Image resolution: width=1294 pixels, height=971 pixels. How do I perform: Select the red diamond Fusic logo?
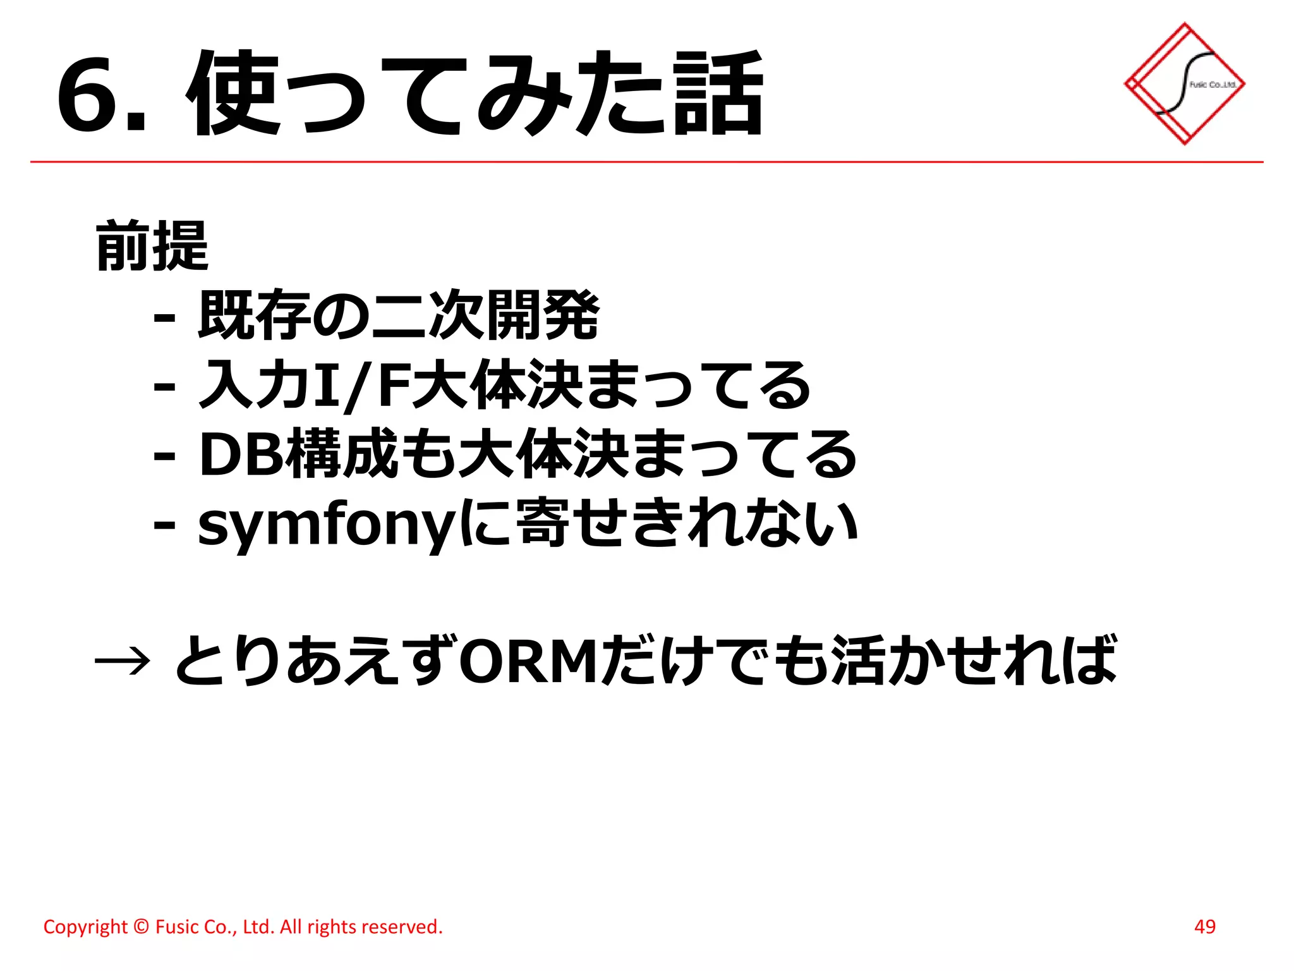click(1185, 84)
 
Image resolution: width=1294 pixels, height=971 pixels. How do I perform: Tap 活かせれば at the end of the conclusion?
click(973, 661)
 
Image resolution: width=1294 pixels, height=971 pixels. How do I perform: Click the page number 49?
click(1205, 927)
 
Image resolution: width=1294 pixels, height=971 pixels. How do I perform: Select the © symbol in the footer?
click(142, 927)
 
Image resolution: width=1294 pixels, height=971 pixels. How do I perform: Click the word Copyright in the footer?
click(85, 927)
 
